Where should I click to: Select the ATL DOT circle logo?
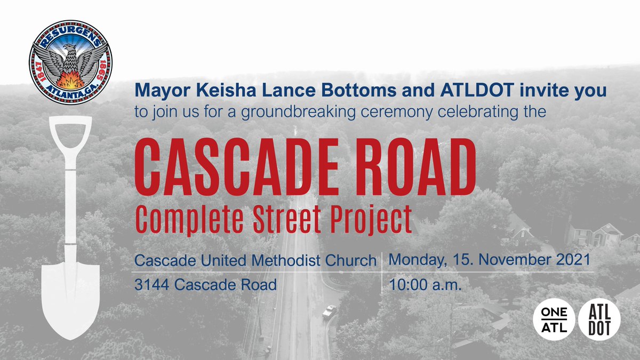(x=599, y=319)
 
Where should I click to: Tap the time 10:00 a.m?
(x=425, y=285)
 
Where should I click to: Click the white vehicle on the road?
(x=329, y=310)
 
